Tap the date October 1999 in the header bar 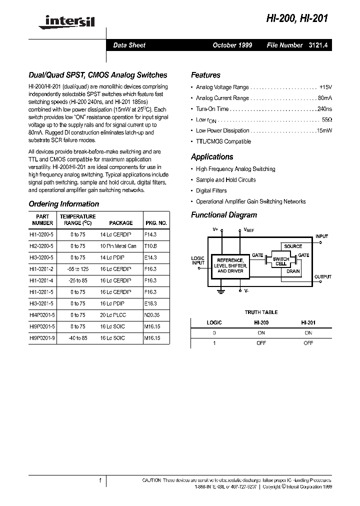tap(232, 45)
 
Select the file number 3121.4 tap(318, 45)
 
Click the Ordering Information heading tap(63, 204)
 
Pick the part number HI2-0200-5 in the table tap(42, 246)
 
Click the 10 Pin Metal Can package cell tap(118, 246)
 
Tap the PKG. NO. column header tap(155, 223)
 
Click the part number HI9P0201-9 tap(42, 338)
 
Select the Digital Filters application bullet tap(211, 190)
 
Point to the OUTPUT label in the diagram tap(322, 276)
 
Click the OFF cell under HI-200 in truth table tap(261, 343)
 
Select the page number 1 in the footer tap(100, 480)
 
